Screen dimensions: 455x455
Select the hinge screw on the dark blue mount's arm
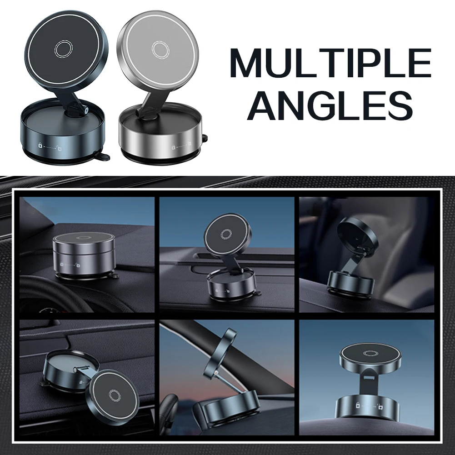pyautogui.click(x=87, y=110)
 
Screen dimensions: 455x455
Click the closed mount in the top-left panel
pyautogui.click(x=83, y=254)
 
